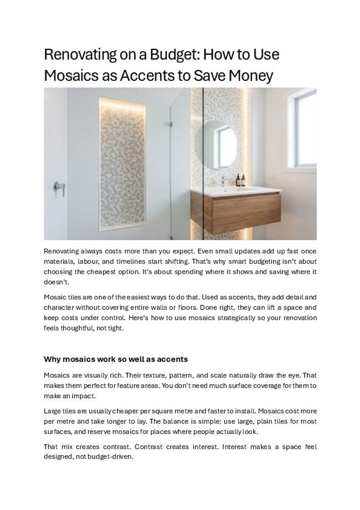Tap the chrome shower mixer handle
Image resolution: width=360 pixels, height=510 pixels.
pyautogui.click(x=58, y=188)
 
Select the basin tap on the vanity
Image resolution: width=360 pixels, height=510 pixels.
pyautogui.click(x=223, y=181)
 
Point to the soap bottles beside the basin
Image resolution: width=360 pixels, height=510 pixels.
pyautogui.click(x=240, y=181)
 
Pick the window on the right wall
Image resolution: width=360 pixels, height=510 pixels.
pyautogui.click(x=305, y=129)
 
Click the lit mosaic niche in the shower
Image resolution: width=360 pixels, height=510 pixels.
pyautogui.click(x=122, y=164)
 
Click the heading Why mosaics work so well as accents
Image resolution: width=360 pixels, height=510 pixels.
pyautogui.click(x=116, y=359)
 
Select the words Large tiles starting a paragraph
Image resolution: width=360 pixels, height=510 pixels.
pyautogui.click(x=61, y=411)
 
